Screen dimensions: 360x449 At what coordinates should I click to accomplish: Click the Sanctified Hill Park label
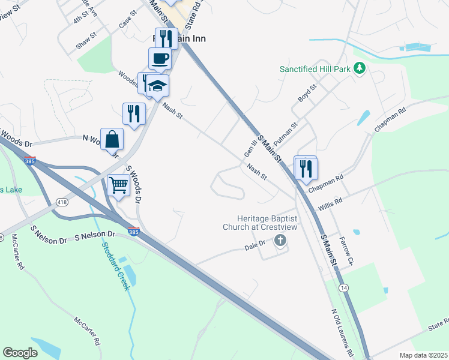[315, 69]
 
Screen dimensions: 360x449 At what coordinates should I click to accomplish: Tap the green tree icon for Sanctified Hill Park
[360, 68]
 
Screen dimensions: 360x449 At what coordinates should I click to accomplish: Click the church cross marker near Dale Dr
[279, 241]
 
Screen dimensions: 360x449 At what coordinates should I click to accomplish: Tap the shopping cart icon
[118, 185]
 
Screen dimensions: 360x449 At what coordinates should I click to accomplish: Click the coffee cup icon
[160, 59]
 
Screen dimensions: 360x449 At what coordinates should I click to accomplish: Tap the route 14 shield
[343, 288]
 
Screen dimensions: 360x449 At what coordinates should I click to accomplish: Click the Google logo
[20, 353]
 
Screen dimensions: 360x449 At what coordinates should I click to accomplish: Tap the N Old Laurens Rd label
[343, 332]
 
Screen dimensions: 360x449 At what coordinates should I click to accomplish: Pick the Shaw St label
[86, 41]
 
